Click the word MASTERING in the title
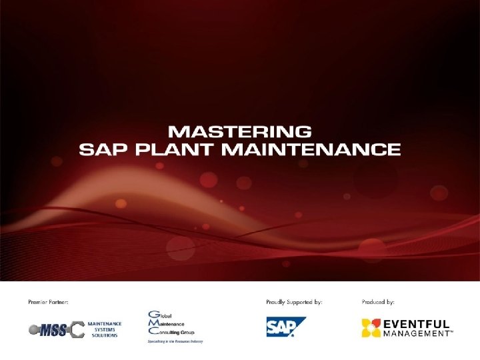coord(239,131)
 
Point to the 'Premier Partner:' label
coord(49,302)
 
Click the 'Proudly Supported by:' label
coord(294,302)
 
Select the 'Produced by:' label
coord(378,302)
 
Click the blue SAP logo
coord(286,327)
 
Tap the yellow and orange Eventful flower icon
coord(371,327)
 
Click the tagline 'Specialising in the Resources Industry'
coord(175,341)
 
